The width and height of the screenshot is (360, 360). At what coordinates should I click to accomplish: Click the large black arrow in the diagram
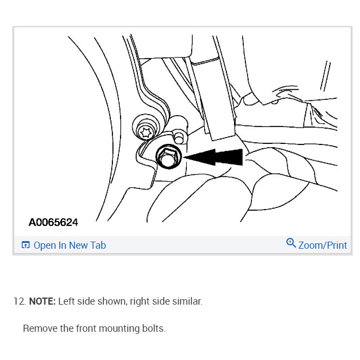(214, 157)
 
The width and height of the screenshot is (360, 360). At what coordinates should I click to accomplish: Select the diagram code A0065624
(53, 222)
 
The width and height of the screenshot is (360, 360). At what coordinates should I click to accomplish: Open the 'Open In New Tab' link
(70, 245)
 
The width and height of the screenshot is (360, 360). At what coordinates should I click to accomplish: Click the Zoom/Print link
(323, 245)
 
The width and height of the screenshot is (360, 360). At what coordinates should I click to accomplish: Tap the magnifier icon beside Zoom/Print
(291, 243)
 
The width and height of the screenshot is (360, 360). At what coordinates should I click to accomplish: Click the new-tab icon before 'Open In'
(25, 245)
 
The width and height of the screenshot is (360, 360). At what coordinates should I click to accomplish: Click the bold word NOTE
(42, 301)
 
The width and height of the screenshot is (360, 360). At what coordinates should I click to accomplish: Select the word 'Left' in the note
(67, 301)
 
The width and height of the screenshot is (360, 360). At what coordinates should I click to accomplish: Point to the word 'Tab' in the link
(98, 245)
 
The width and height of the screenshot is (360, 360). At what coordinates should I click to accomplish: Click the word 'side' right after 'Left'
(86, 301)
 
